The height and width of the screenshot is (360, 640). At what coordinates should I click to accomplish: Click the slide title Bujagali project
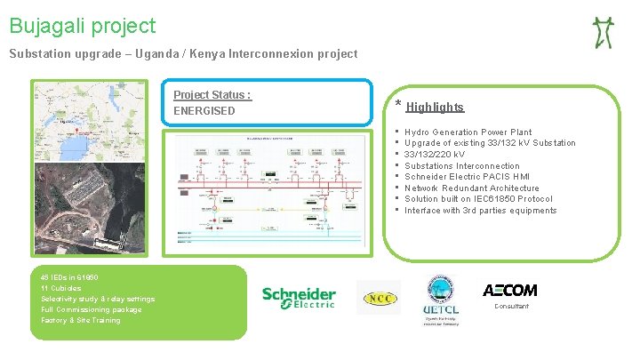coord(83,27)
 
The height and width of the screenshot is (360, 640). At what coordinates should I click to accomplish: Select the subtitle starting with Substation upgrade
coord(183,54)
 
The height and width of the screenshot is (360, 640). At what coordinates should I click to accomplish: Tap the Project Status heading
coord(212,95)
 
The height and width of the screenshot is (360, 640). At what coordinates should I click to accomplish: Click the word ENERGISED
coord(204,111)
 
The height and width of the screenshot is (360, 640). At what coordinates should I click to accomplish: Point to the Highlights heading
coord(435,108)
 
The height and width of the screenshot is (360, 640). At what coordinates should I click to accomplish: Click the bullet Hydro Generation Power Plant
coord(468,132)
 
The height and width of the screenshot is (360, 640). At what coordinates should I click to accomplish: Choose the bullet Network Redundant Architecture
coord(471,188)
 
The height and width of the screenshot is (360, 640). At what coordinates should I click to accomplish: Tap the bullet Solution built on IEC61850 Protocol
coord(478,199)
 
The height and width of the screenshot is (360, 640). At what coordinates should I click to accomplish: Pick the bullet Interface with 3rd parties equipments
coord(480,211)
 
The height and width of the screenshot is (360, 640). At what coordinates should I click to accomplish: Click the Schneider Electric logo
coord(299,298)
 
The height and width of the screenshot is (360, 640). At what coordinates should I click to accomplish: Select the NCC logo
coord(379,298)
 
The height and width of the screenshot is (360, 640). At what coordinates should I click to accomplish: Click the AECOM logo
coord(509,290)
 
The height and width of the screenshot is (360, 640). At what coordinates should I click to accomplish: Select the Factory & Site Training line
coord(81,320)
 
